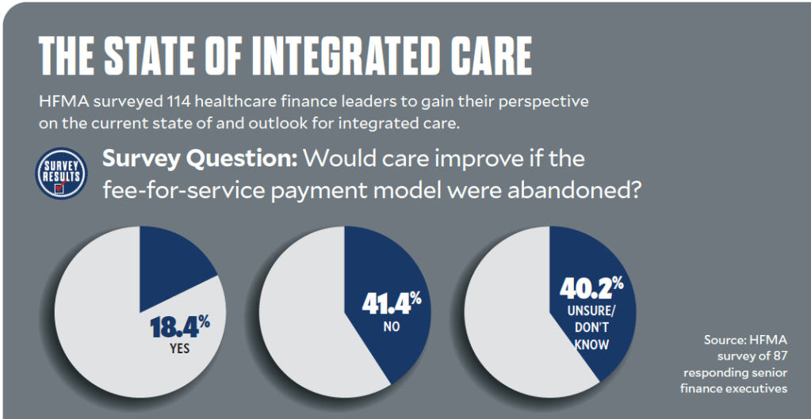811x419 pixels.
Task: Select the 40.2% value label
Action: click(x=593, y=288)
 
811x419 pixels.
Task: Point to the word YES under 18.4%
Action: click(x=179, y=349)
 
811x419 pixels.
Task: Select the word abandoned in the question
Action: click(x=555, y=190)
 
